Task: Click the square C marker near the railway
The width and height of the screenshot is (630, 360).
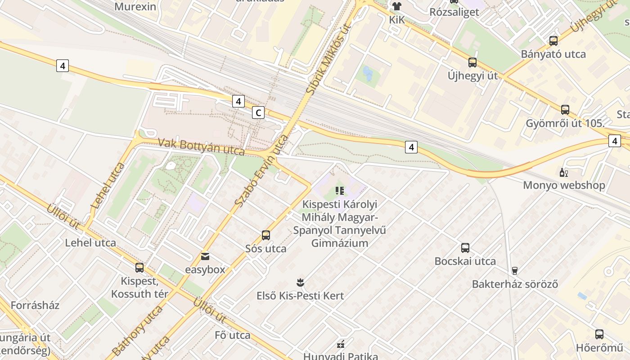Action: coord(258,112)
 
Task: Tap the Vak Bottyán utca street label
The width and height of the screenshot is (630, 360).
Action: coord(201,147)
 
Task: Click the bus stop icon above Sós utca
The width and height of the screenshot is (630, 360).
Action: coord(266,235)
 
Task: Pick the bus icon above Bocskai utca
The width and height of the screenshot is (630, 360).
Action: coord(465,248)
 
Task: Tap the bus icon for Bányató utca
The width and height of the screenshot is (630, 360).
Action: coord(553,41)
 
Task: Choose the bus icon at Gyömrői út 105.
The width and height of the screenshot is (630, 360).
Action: coord(565,110)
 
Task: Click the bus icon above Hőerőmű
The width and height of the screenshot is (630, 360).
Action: coord(599,334)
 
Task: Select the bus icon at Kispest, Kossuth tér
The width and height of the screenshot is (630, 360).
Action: coord(139,268)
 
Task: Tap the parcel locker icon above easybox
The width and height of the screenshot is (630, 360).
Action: coord(205,256)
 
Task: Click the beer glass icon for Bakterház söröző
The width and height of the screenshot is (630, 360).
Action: coord(515,270)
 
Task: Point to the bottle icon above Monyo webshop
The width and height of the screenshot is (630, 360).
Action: coord(563,172)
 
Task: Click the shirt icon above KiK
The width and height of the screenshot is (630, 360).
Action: coord(396,6)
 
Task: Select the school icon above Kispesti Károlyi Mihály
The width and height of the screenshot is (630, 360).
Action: coord(340,191)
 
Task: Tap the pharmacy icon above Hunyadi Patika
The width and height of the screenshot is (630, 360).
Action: coord(341,344)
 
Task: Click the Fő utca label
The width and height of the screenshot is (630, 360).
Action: coord(233,335)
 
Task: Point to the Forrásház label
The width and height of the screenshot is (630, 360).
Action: coord(35,305)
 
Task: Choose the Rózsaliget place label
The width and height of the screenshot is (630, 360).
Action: coord(454,12)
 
